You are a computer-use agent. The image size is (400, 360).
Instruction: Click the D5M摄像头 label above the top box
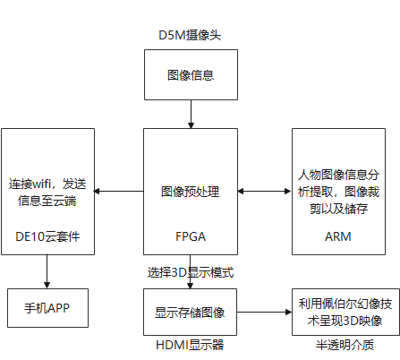tap(190, 35)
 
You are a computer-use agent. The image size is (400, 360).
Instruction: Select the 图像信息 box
tap(191, 74)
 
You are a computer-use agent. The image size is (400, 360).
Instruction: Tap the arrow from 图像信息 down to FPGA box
tap(191, 114)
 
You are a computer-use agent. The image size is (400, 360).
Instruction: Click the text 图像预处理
tap(191, 192)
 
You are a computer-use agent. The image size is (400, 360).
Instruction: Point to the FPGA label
tap(191, 236)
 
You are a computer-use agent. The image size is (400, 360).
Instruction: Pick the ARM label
tap(338, 236)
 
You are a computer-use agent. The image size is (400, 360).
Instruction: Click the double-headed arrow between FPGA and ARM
tap(265, 192)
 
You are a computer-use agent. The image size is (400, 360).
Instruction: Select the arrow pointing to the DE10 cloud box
tap(119, 191)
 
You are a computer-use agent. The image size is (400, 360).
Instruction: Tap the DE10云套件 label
tap(47, 236)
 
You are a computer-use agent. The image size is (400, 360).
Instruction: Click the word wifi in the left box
tap(41, 184)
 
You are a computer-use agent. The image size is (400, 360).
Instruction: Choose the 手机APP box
tap(47, 308)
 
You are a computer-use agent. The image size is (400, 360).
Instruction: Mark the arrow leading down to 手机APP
tap(47, 271)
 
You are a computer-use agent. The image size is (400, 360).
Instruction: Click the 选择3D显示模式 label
tap(191, 272)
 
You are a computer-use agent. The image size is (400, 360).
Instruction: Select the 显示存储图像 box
tap(190, 312)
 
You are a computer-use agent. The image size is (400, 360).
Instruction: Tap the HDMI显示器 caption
tap(190, 345)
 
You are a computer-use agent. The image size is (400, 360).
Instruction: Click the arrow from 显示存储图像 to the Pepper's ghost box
tap(264, 313)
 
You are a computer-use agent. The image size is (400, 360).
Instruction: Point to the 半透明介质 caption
tap(345, 345)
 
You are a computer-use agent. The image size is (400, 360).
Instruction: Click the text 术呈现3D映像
tap(345, 321)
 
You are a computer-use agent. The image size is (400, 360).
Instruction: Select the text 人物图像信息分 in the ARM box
tap(338, 175)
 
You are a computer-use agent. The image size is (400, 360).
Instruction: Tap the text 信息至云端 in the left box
tap(47, 201)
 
